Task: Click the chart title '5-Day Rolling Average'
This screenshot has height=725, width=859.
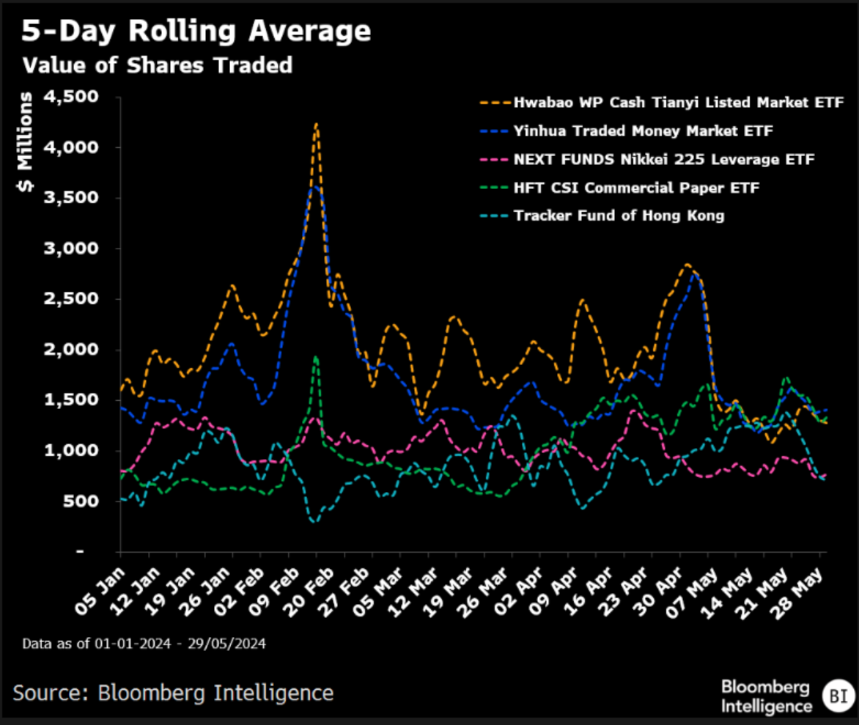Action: tap(196, 32)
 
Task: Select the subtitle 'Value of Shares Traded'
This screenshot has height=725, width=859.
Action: tap(157, 65)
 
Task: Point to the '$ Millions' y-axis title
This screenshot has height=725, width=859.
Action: tap(24, 143)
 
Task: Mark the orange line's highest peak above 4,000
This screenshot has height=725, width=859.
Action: tap(316, 125)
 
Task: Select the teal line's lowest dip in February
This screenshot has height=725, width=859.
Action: tap(314, 521)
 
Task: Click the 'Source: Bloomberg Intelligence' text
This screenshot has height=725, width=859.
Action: tap(173, 692)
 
